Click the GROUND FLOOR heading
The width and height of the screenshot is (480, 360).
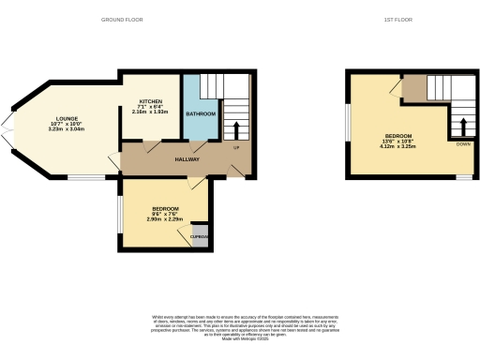(x=121, y=19)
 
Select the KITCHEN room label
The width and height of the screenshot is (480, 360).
(x=152, y=100)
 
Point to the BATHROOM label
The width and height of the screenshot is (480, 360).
(x=200, y=114)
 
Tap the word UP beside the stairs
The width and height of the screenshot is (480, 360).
(x=236, y=148)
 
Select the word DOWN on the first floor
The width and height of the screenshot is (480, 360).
(x=462, y=144)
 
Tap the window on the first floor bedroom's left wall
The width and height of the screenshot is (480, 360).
(x=348, y=123)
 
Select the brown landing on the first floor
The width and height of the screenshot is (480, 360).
(x=413, y=90)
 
